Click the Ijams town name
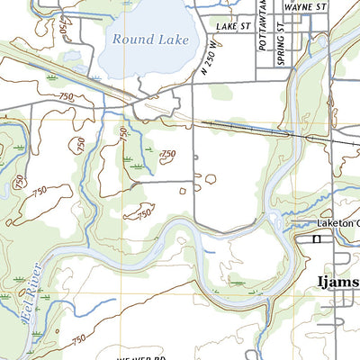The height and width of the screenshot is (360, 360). click(x=337, y=283)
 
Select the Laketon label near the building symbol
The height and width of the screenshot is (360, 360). click(x=337, y=223)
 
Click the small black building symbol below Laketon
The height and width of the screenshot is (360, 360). click(x=316, y=239)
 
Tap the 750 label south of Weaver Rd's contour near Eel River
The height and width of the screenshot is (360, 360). click(x=79, y=338)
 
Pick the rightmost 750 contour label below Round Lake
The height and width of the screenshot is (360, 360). click(x=167, y=155)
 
